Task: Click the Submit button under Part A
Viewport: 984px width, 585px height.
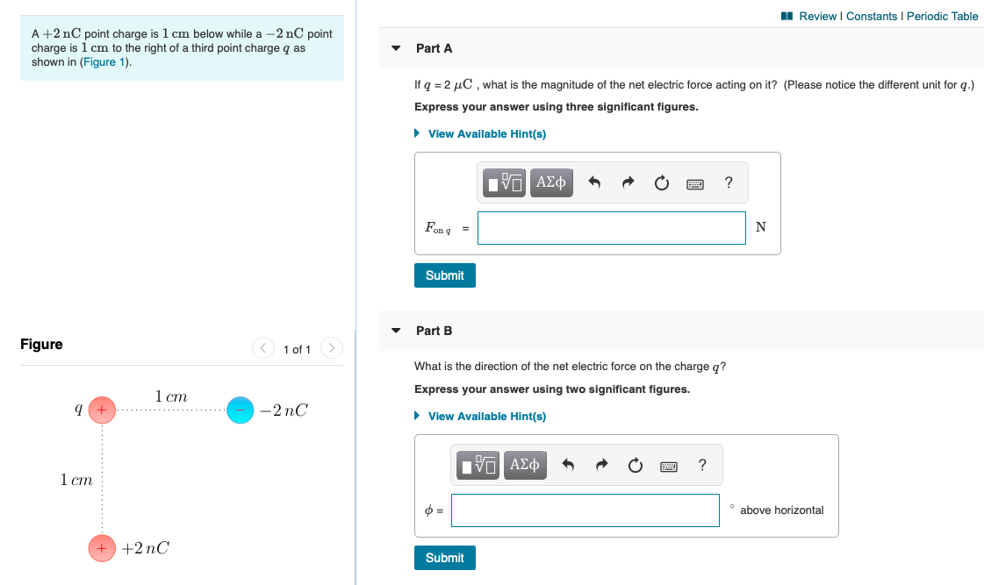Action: [444, 275]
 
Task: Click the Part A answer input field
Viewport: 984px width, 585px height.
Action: [611, 228]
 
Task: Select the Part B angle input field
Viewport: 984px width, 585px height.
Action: [585, 510]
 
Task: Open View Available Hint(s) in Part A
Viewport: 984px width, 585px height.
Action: [486, 134]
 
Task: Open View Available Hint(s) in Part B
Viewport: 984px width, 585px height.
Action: [486, 417]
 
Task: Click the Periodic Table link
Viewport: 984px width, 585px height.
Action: [942, 16]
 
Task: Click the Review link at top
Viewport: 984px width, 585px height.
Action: [816, 16]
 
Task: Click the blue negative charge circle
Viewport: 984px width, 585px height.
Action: [240, 410]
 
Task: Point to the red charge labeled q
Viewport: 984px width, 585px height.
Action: [102, 410]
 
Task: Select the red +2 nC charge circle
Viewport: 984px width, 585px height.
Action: [102, 548]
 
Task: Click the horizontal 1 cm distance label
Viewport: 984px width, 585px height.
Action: [170, 396]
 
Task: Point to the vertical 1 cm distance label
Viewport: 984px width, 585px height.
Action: [76, 480]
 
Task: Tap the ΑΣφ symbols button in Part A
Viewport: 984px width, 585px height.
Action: [550, 182]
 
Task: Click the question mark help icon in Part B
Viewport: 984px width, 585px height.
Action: [702, 465]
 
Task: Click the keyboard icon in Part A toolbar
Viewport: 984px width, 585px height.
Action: [695, 183]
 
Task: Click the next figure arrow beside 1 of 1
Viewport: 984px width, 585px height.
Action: [331, 349]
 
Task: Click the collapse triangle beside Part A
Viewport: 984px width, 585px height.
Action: [396, 48]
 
